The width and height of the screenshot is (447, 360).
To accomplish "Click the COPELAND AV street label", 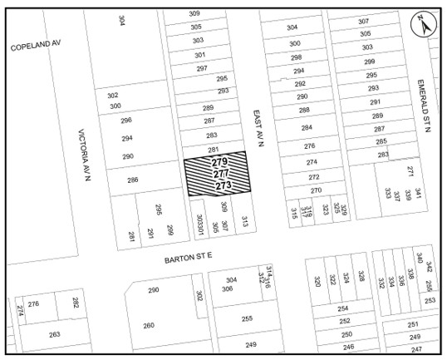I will click(x=37, y=47).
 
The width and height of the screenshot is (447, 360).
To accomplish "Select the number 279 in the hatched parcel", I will click(x=219, y=161).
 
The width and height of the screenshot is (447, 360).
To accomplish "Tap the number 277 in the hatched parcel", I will click(x=221, y=174).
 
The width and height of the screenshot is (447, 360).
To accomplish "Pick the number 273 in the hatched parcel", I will click(x=223, y=186).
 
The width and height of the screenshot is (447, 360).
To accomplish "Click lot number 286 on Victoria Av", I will click(x=132, y=180).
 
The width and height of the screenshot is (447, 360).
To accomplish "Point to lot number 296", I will click(x=126, y=121).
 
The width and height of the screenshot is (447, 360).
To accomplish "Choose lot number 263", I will click(x=54, y=334).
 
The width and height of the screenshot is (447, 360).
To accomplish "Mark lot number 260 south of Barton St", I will click(x=149, y=325).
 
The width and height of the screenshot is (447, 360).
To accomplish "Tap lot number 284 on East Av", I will click(x=307, y=128).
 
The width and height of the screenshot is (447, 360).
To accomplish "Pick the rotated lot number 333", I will click(x=387, y=193).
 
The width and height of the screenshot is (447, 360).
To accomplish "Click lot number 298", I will click(x=297, y=57).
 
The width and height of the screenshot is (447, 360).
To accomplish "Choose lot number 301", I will click(x=200, y=55).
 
